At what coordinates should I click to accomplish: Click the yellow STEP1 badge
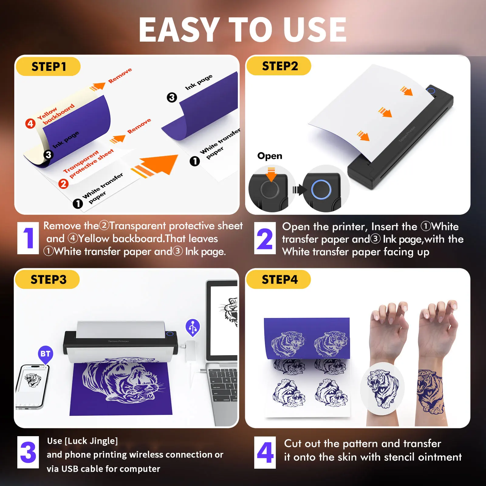click(x=48, y=67)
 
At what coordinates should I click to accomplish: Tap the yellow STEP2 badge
click(x=279, y=66)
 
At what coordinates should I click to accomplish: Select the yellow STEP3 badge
click(x=47, y=279)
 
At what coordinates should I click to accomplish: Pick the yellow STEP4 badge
click(x=279, y=279)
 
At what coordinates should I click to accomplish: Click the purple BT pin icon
click(x=45, y=354)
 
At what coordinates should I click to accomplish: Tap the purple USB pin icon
click(x=193, y=327)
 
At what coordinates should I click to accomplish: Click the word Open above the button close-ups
click(x=270, y=156)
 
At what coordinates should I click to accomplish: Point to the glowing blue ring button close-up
click(x=321, y=190)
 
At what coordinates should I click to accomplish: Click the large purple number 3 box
click(x=28, y=452)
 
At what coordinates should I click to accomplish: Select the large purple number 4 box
click(x=265, y=452)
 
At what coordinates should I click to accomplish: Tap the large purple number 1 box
click(x=28, y=238)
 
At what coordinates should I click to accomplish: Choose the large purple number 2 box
click(x=265, y=238)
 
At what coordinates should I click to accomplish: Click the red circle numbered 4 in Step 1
click(x=30, y=124)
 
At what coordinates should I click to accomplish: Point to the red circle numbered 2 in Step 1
click(x=63, y=184)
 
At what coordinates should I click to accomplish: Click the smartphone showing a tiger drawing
click(x=33, y=387)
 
